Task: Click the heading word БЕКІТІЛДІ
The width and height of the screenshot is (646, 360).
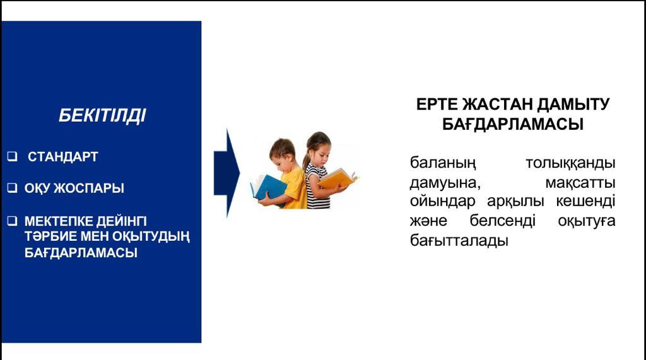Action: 102,115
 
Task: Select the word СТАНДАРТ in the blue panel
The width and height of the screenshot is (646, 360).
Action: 62,156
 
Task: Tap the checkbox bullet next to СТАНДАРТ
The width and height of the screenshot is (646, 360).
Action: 13,156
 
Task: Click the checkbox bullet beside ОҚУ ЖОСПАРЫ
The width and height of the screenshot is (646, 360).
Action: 13,188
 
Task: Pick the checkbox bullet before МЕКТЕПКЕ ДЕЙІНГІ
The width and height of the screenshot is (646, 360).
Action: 13,221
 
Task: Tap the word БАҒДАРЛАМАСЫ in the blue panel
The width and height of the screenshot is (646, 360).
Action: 81,252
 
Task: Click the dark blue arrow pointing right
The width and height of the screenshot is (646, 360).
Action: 226,173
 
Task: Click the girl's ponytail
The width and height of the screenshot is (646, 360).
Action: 307,159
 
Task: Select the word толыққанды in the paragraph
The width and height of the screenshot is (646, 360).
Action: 570,163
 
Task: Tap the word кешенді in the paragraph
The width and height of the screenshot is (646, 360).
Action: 585,201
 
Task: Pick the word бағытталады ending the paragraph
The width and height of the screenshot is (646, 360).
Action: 459,241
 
